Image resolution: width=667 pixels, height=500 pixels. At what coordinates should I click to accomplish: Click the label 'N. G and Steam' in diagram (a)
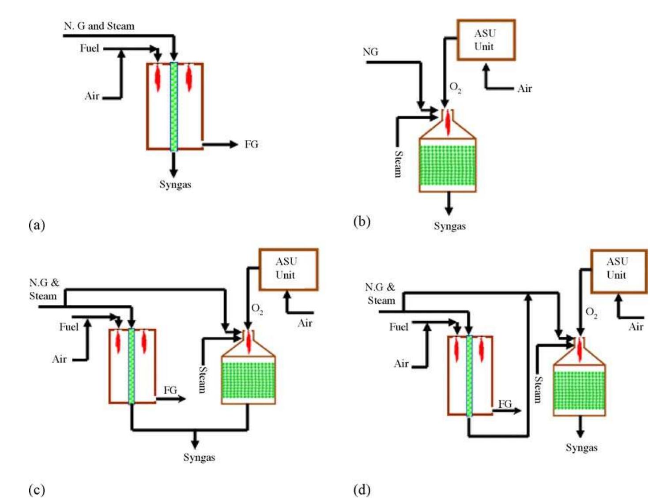(x=99, y=26)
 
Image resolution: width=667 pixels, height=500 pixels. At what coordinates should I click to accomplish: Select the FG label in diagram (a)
(x=251, y=144)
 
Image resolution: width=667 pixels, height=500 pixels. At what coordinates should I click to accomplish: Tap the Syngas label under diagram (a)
(x=175, y=184)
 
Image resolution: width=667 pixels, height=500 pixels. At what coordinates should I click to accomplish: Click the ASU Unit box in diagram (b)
(x=486, y=40)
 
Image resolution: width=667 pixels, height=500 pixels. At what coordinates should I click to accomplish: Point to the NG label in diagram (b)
(x=370, y=52)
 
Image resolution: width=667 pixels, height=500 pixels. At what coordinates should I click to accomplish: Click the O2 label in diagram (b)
(x=455, y=87)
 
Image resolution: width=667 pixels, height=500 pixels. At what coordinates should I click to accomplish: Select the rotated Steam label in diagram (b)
(x=398, y=164)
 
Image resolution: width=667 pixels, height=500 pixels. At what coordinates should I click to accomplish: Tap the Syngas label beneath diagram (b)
(x=449, y=226)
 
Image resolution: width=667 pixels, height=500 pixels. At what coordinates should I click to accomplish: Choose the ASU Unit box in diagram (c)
(x=288, y=269)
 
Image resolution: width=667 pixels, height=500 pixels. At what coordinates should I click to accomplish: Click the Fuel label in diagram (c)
(x=68, y=327)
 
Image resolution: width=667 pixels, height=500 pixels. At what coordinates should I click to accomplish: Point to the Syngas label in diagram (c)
(x=199, y=458)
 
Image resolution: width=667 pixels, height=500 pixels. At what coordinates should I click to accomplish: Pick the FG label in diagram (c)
(x=170, y=390)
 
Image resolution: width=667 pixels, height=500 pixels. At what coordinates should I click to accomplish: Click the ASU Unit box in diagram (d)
(x=618, y=271)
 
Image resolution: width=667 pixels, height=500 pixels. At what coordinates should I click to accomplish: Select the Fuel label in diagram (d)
(x=399, y=327)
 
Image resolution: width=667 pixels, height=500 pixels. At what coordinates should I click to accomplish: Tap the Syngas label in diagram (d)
(x=581, y=448)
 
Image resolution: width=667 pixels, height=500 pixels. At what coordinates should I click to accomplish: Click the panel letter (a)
(x=37, y=225)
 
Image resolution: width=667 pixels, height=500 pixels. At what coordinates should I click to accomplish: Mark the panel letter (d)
(x=362, y=490)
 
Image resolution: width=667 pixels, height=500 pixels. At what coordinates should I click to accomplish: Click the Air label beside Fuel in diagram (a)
(x=92, y=96)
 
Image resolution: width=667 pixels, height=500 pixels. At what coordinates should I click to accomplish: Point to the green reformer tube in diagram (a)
(x=174, y=107)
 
